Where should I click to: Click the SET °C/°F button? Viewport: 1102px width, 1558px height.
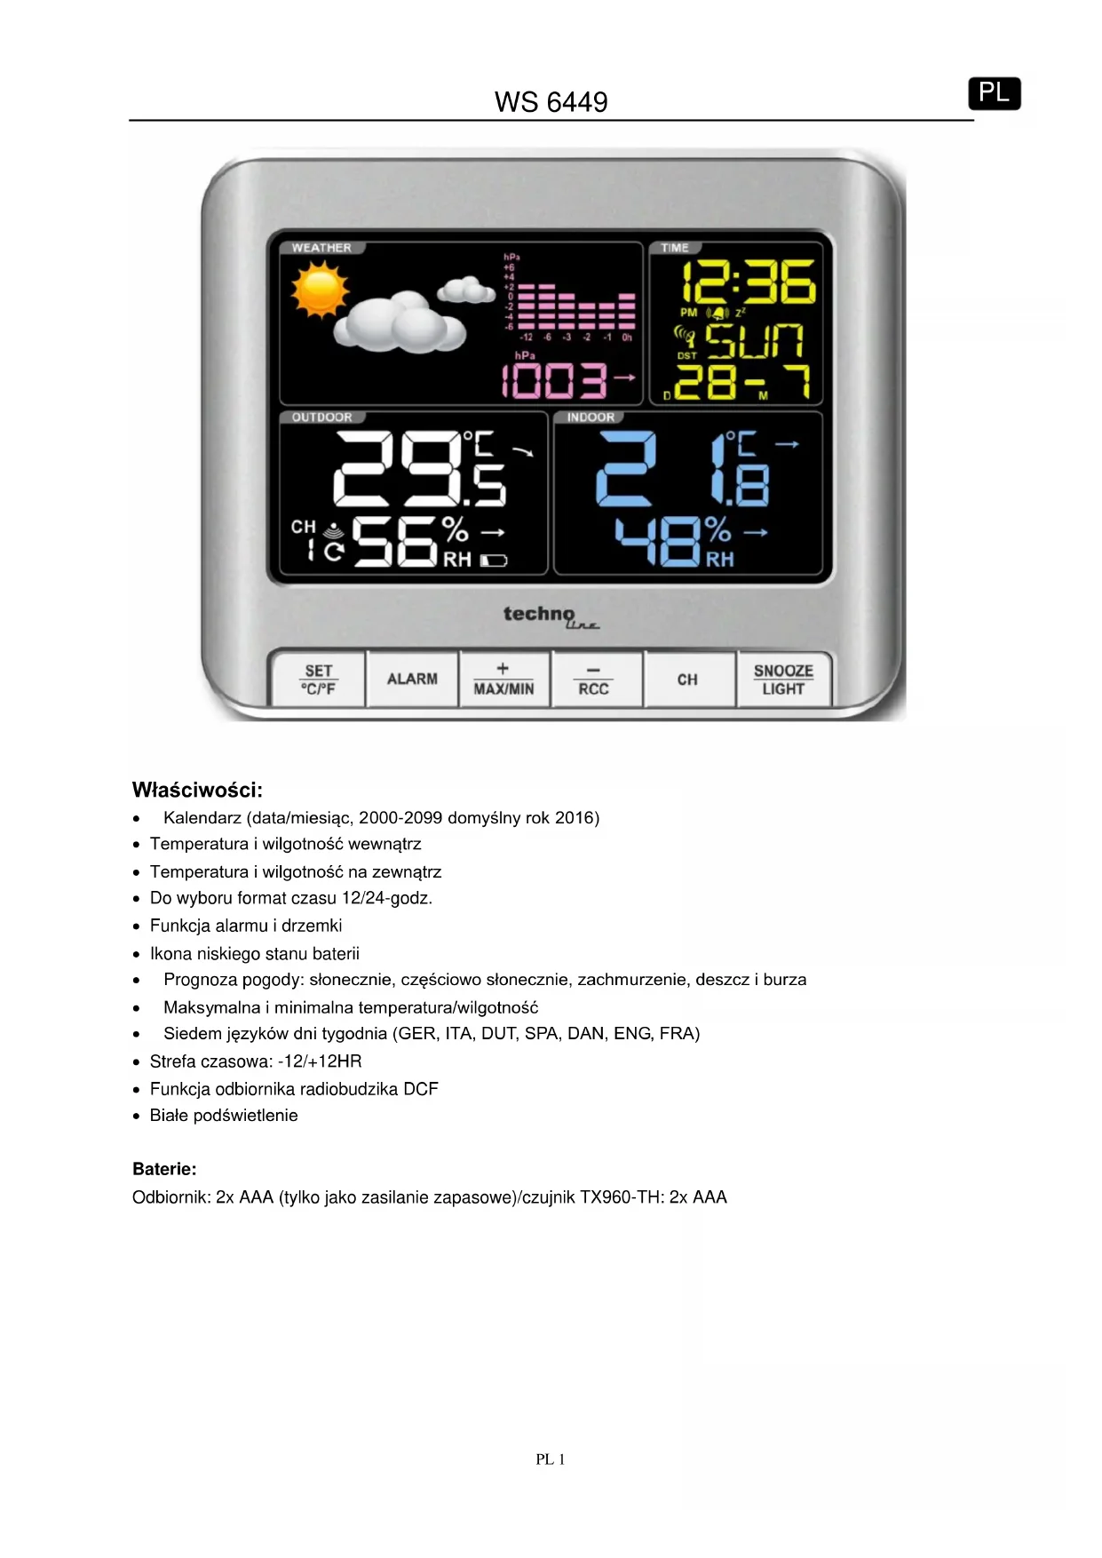[318, 680]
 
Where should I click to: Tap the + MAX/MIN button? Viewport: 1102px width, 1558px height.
[503, 680]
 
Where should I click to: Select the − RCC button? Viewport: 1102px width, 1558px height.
[594, 680]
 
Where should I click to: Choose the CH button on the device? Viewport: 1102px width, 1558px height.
[687, 680]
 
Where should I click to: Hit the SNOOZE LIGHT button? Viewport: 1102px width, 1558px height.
[783, 680]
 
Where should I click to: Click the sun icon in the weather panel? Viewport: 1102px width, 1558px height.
[318, 292]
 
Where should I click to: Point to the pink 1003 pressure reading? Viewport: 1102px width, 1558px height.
[556, 381]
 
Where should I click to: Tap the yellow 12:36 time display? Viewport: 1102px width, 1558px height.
[748, 282]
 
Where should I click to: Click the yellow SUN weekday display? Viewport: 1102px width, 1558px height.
[754, 341]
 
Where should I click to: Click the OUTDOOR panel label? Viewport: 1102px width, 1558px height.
[321, 417]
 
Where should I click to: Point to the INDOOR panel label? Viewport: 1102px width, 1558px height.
[591, 417]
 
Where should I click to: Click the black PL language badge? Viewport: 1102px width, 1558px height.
[994, 93]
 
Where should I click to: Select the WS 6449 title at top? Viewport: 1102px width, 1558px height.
[551, 102]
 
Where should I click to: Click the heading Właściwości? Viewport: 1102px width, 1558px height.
[197, 790]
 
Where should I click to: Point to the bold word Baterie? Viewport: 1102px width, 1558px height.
[164, 1169]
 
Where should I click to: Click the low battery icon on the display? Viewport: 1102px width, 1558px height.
[494, 560]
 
